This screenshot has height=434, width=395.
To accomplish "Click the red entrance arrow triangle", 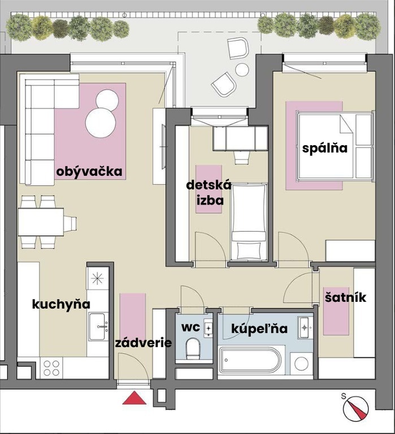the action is [134, 398].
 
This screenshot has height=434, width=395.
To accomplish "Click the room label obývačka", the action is [89, 172].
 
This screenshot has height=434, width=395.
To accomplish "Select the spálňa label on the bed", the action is [325, 148].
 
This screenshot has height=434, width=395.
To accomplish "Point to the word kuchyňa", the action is [61, 305].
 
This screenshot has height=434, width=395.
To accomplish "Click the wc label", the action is [190, 327].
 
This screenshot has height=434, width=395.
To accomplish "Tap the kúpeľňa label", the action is [259, 328].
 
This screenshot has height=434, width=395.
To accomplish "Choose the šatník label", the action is [345, 297].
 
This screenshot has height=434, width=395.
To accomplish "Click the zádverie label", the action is [144, 343].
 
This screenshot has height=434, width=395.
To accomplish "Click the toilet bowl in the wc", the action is [193, 348].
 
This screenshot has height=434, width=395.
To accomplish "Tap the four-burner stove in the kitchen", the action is [51, 368].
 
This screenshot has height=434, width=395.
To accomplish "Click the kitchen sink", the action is [97, 327].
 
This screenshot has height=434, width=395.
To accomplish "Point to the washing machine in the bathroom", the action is [301, 363].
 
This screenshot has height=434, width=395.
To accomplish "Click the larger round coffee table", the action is [101, 123].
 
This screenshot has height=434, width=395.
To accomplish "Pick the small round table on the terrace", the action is [242, 70].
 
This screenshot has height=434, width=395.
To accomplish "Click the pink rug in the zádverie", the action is [133, 315].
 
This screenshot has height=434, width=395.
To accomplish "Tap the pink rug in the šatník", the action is [336, 311].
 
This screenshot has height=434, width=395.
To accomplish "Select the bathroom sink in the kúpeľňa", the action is [305, 328].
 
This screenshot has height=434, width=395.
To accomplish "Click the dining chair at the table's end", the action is [70, 224].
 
